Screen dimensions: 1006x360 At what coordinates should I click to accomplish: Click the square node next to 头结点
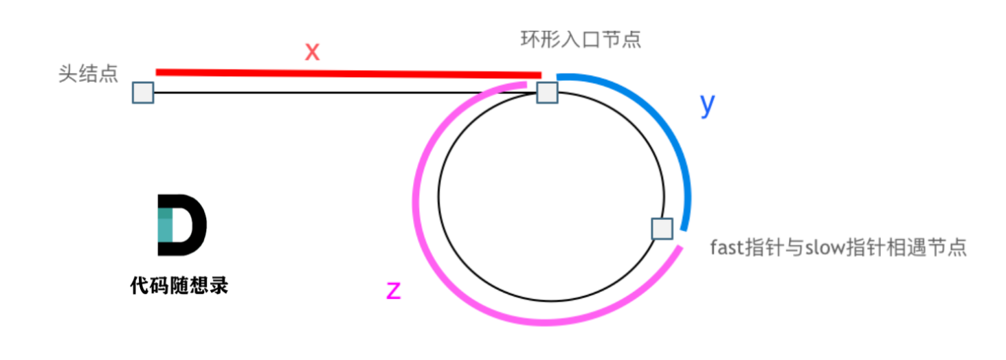(x=142, y=92)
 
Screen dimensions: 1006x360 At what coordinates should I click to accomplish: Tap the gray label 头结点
(x=87, y=75)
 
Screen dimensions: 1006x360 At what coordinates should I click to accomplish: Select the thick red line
(x=344, y=73)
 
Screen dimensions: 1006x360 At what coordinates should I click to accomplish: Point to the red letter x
(x=313, y=52)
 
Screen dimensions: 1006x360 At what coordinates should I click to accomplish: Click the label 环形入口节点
(x=581, y=40)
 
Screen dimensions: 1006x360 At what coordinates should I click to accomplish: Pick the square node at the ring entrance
(x=547, y=92)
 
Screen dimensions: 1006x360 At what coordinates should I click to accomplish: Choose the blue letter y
(x=708, y=104)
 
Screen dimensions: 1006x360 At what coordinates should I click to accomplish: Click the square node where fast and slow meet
(x=661, y=229)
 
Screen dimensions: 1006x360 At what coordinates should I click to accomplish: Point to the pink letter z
(x=393, y=291)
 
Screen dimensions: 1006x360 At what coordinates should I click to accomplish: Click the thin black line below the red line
(x=344, y=92)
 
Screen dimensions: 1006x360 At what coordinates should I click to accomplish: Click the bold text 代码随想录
(x=179, y=286)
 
